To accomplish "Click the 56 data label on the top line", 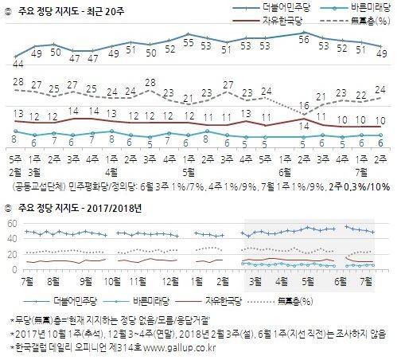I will (303, 37).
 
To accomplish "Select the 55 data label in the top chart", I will (187, 37).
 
